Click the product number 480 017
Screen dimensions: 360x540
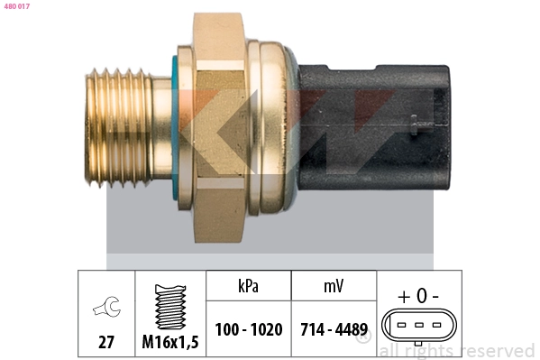tap(16, 6)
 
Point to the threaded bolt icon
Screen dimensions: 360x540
tap(169, 306)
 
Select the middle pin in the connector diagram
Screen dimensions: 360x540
tap(419, 327)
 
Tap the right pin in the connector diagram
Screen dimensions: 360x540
tap(436, 327)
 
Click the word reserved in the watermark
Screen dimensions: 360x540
tap(496, 351)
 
